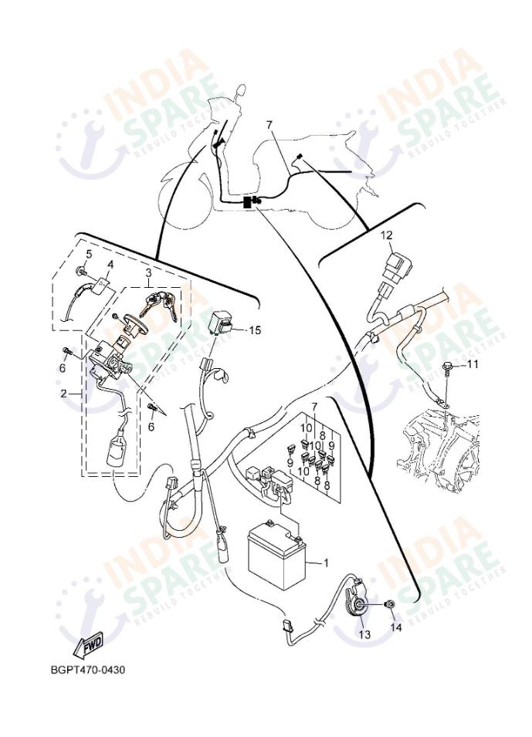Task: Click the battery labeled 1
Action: point(275,554)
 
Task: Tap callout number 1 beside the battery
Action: point(326,563)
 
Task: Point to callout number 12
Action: point(386,235)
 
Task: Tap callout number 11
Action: point(473,363)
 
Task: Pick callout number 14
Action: point(397,628)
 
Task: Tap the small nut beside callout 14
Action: point(390,604)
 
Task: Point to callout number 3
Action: point(148,272)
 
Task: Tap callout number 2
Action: point(65,393)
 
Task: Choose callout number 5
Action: point(89,253)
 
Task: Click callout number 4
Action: point(110,265)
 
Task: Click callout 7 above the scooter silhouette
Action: point(269,125)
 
